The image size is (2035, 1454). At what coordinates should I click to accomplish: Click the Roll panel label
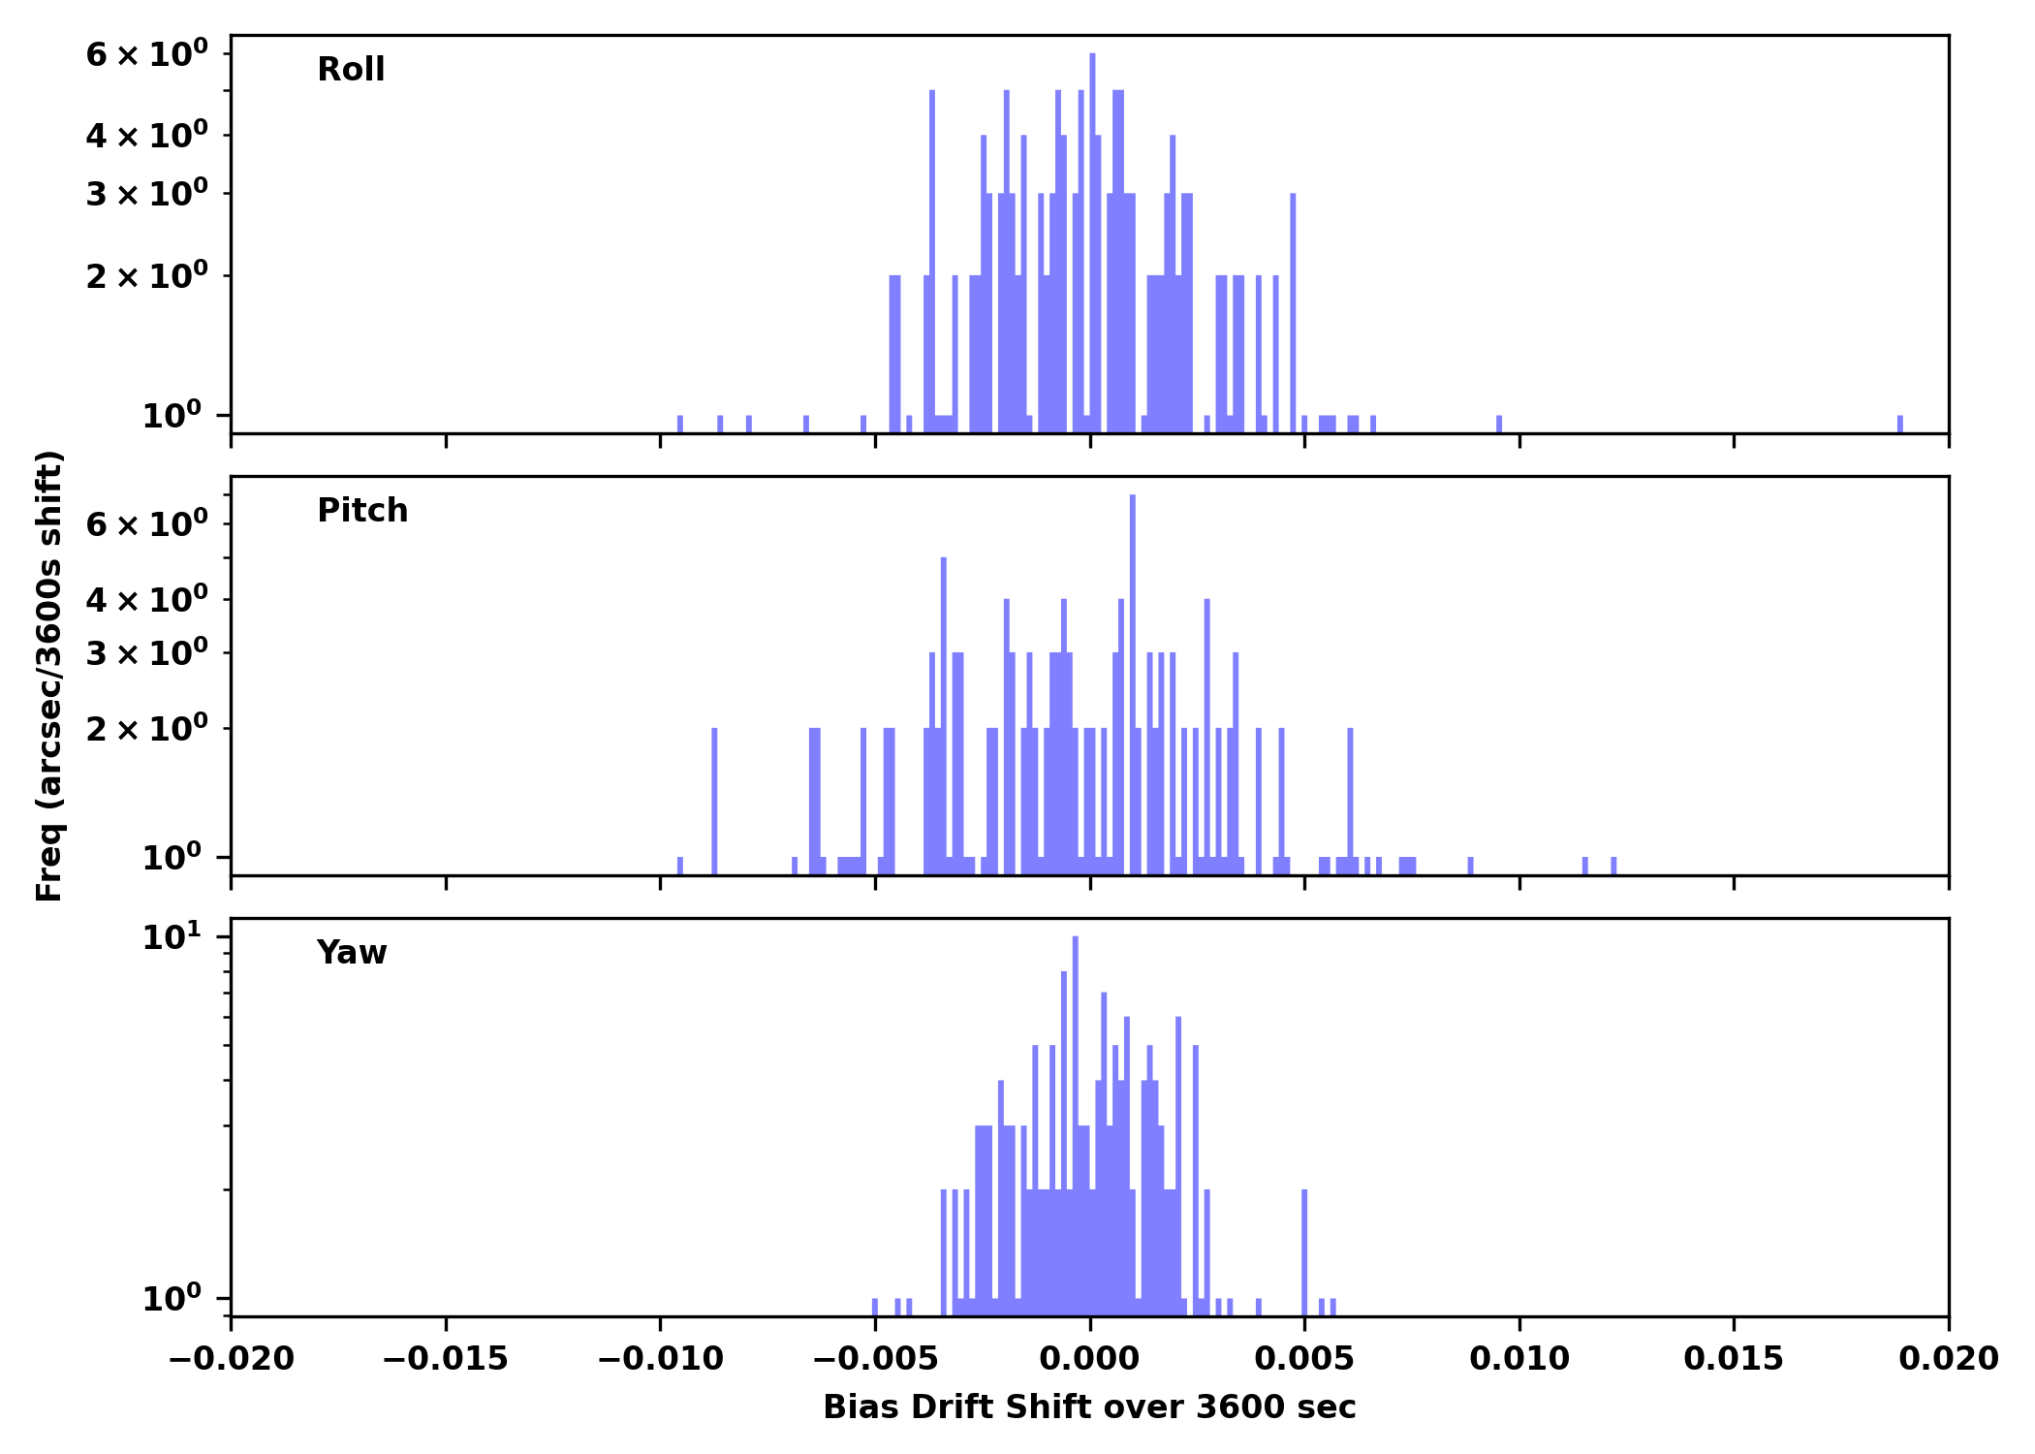pos(351,70)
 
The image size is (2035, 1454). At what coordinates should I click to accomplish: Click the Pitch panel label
pos(362,511)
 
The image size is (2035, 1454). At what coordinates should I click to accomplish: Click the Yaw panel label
pos(352,953)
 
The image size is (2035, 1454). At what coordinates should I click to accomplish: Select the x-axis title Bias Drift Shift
pos(1089,1407)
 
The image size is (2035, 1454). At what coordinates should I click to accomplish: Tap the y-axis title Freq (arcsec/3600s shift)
pos(49,676)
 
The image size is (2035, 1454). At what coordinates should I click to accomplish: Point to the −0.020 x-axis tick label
pos(232,1359)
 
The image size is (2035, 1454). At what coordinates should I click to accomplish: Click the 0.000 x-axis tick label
pos(1089,1359)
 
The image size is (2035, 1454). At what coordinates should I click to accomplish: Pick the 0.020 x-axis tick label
pos(1948,1359)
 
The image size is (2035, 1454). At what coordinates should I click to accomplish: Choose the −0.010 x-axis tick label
pos(661,1359)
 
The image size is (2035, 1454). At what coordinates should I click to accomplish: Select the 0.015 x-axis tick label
pos(1734,1359)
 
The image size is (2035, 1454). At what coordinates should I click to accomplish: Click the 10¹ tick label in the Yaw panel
pos(172,937)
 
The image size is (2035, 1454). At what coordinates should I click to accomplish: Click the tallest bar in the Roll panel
pos(1092,242)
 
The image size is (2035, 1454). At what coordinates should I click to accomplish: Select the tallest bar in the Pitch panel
pos(1132,679)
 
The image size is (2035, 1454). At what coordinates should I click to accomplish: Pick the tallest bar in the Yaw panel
pos(1075,1115)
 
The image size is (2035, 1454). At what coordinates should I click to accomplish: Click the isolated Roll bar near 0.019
pos(1899,425)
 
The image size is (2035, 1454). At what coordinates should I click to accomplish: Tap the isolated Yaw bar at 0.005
pos(1304,1250)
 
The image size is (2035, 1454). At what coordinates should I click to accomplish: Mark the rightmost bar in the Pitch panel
pos(1613,866)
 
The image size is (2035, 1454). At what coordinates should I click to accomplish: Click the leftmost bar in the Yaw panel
pos(875,1307)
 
